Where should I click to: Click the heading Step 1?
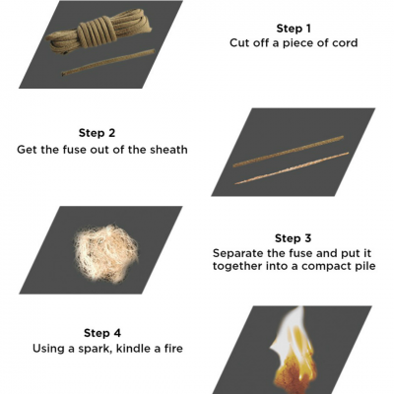tap(294, 29)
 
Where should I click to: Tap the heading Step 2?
tap(97, 133)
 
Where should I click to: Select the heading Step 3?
tap(293, 238)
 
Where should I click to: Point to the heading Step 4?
tap(102, 333)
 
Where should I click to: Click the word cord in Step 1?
tap(345, 43)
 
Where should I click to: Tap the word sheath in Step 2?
tap(169, 150)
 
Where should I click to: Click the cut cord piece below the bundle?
tap(108, 62)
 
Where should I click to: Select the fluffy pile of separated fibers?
tap(106, 253)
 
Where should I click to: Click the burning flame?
tap(294, 352)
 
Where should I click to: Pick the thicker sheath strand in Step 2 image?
tap(289, 152)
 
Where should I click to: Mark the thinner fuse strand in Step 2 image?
tap(292, 167)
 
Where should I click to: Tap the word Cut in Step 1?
tap(239, 43)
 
